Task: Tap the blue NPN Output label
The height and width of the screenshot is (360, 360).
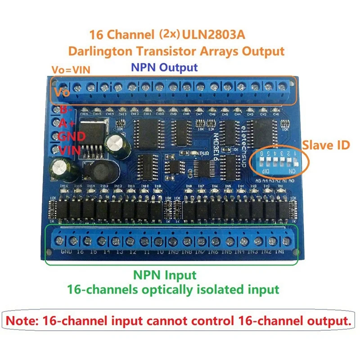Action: point(164,67)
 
